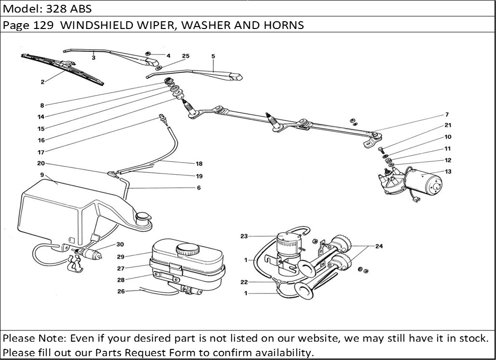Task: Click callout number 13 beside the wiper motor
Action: click(448, 172)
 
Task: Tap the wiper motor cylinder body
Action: click(423, 182)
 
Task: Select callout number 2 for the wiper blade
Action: click(42, 82)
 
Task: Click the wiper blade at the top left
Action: click(63, 70)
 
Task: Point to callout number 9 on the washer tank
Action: click(42, 174)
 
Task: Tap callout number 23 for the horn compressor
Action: click(244, 236)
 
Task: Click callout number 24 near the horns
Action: click(379, 246)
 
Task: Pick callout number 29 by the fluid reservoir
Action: click(121, 256)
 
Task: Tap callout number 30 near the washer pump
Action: click(120, 244)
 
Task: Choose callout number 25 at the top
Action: click(186, 56)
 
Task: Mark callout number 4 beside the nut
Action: click(168, 56)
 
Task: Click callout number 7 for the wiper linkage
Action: click(447, 115)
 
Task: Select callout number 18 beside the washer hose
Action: click(199, 164)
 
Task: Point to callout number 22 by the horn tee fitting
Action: click(244, 282)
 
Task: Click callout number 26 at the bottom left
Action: click(121, 291)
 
